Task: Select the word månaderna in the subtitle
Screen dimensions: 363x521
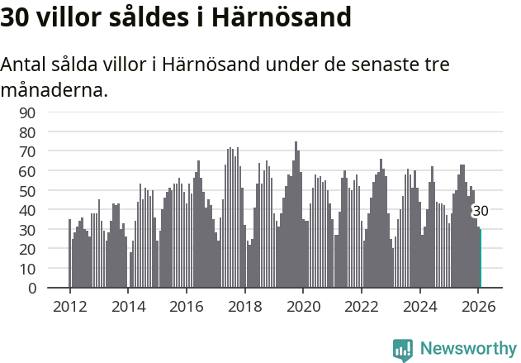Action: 54,89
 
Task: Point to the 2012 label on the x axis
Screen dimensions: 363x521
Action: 69,306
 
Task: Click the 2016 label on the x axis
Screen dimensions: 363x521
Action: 187,306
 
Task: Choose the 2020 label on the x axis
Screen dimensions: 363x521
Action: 303,306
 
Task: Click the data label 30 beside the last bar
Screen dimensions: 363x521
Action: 480,211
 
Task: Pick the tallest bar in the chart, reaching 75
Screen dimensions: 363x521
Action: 296,215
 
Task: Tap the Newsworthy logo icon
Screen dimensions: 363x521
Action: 403,350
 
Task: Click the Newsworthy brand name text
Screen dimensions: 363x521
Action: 467,350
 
